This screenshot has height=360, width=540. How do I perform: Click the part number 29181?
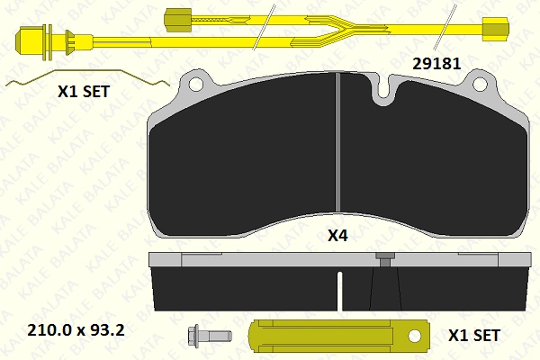point(436,64)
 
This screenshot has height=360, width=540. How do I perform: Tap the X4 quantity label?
point(337,236)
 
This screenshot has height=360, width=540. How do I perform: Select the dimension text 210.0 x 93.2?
point(76,330)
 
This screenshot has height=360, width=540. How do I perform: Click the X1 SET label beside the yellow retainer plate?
point(474,335)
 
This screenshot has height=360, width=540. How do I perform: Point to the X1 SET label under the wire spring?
point(84,92)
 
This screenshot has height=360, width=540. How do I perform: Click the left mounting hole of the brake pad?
point(196,84)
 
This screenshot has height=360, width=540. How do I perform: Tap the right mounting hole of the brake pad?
point(480,84)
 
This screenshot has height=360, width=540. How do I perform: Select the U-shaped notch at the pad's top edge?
point(385,90)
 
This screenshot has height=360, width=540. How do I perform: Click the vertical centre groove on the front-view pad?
point(337,142)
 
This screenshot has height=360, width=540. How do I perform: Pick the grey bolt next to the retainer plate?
point(210,336)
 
